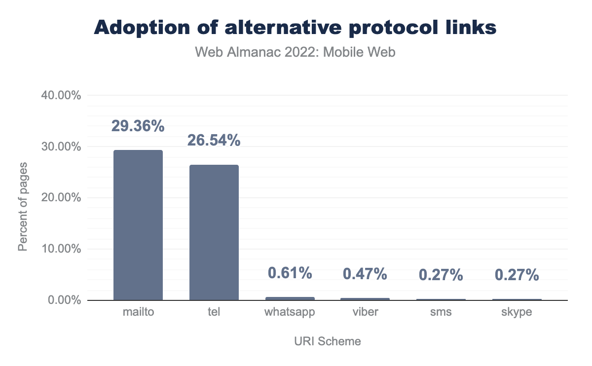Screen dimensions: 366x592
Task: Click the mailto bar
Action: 138,225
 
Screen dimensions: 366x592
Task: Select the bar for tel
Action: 214,232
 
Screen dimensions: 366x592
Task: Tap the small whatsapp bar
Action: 290,298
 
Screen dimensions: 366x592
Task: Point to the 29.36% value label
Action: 138,126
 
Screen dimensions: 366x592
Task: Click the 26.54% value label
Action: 214,141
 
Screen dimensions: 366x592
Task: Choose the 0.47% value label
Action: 366,274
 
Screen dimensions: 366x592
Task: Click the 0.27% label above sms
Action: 441,275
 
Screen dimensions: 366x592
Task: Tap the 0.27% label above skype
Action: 517,275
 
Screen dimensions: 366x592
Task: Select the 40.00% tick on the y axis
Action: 60,95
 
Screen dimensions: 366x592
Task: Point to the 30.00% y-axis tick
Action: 60,146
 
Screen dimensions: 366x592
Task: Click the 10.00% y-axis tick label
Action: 60,249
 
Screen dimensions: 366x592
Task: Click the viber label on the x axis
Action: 366,312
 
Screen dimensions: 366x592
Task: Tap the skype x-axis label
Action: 517,313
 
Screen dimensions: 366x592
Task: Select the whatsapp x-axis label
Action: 290,313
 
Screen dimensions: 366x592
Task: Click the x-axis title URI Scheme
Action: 328,341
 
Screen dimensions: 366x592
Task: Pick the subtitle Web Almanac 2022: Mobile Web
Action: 296,52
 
